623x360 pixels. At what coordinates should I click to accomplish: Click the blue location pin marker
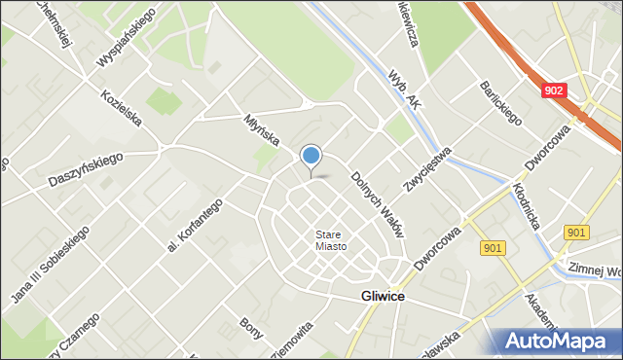[311, 157]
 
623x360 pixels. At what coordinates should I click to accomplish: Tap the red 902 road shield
[553, 90]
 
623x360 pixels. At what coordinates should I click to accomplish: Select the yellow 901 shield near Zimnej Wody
[575, 232]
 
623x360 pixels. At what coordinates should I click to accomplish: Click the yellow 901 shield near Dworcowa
[493, 248]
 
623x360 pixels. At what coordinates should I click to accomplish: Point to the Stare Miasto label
[331, 239]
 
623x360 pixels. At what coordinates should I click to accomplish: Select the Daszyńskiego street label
[86, 170]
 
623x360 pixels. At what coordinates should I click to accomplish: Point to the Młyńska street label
[263, 126]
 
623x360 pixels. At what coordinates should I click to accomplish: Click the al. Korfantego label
[195, 225]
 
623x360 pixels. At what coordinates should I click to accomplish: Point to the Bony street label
[251, 329]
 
